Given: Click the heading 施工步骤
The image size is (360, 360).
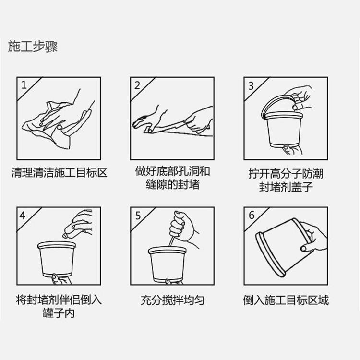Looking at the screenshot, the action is (x=33, y=47).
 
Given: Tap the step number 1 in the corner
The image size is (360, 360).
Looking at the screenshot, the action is (x=24, y=85).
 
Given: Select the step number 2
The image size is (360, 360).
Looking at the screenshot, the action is (x=137, y=85).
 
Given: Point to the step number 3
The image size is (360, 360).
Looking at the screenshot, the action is (x=251, y=86).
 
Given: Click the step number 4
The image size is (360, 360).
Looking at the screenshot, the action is (x=23, y=216).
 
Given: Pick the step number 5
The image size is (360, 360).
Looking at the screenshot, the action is (x=138, y=216).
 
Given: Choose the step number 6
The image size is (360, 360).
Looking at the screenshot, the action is (x=252, y=216).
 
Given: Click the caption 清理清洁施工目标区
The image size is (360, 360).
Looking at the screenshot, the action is (x=59, y=173).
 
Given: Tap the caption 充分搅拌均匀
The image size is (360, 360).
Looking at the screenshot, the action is (x=172, y=300).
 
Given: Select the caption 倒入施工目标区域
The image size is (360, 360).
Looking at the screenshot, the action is (x=286, y=300).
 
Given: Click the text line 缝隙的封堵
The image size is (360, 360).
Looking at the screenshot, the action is (x=172, y=185).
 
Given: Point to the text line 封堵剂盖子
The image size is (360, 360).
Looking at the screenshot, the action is (x=286, y=187).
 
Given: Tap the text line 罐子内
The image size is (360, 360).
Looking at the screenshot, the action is (x=59, y=313).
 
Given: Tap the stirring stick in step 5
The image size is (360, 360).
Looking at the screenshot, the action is (x=172, y=240).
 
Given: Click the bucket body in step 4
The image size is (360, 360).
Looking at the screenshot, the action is (x=57, y=259).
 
